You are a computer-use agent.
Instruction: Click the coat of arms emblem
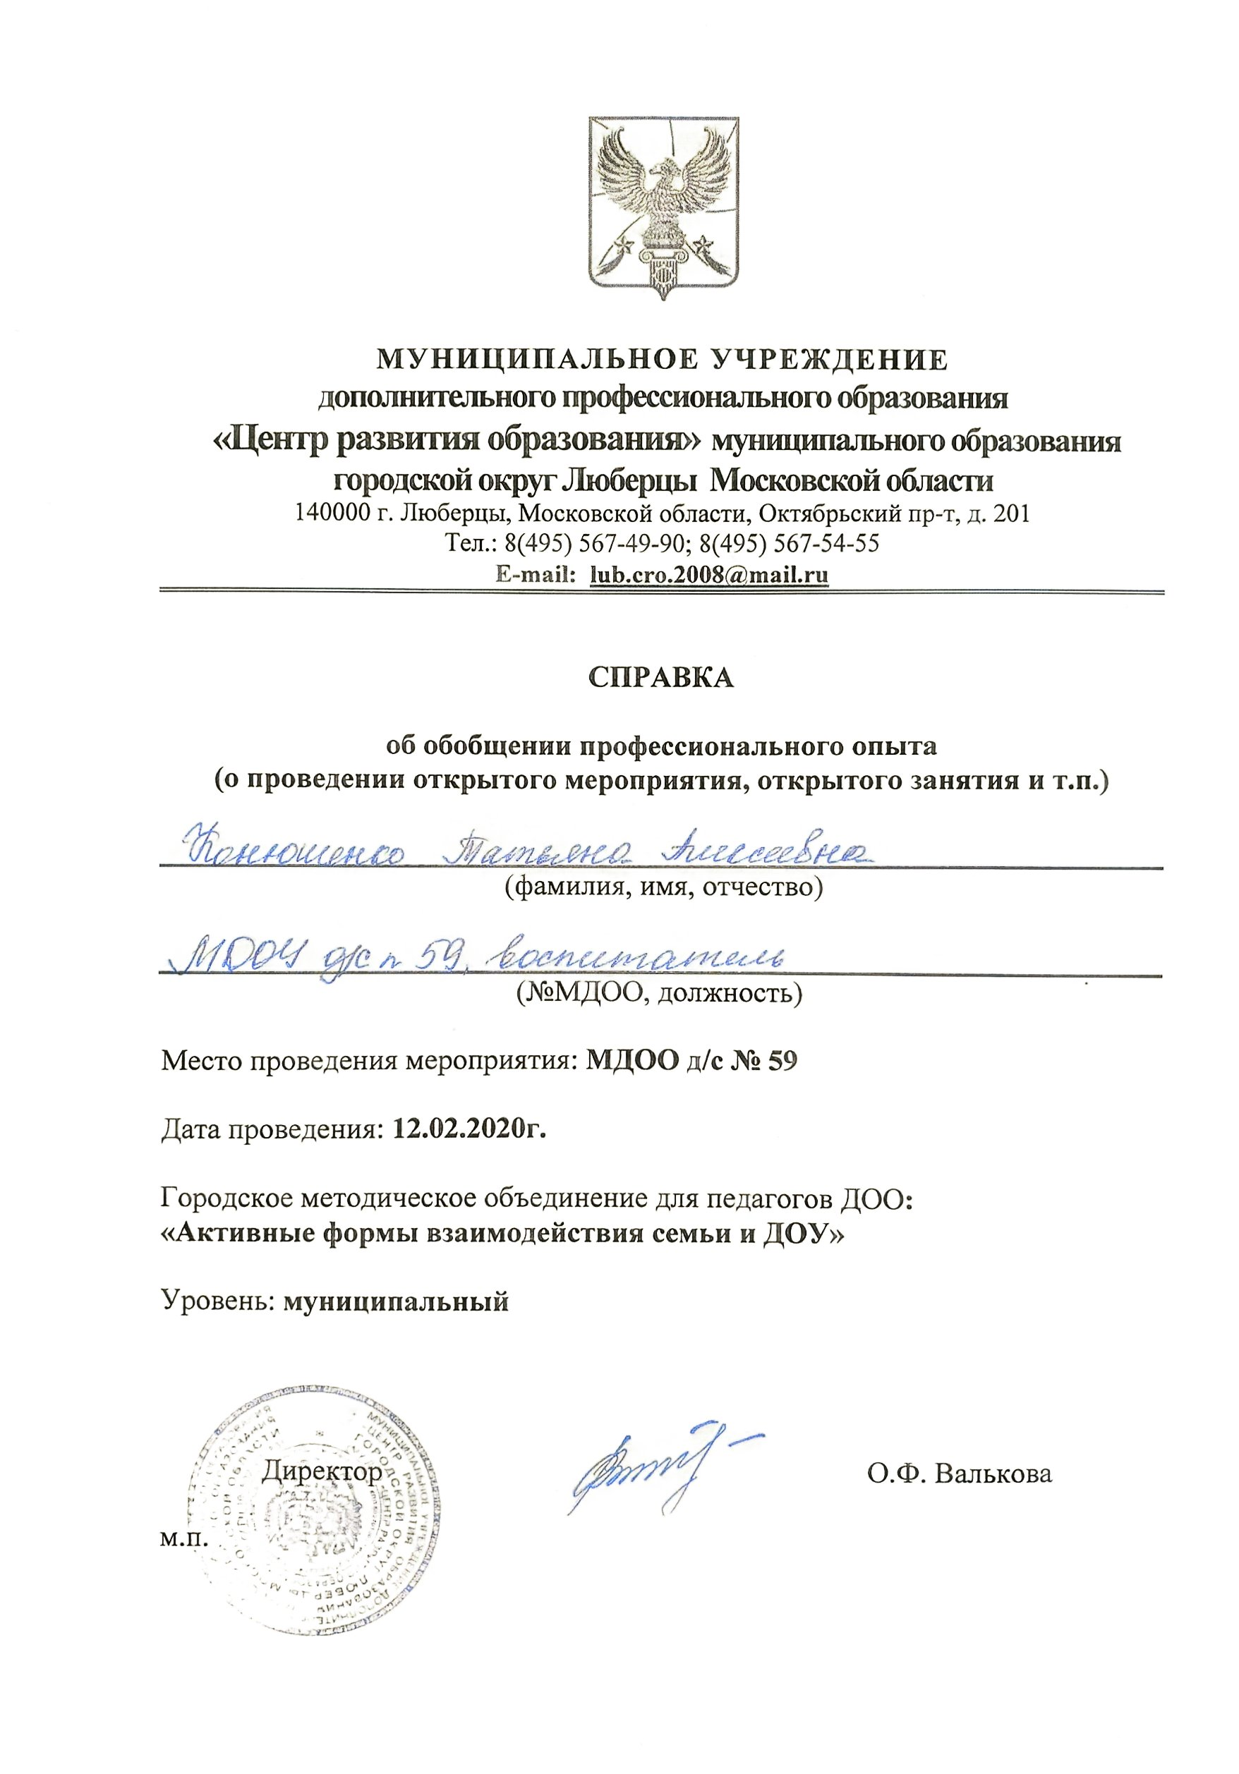tap(663, 207)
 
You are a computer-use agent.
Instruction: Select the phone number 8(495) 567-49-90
tap(594, 543)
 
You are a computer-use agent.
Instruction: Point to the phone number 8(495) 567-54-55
tap(788, 543)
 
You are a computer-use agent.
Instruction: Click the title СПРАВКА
tap(661, 677)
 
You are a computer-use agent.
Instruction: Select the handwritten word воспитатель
tap(641, 958)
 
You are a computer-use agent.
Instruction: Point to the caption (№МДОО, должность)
tap(659, 992)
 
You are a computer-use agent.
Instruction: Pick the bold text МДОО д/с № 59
tap(690, 1061)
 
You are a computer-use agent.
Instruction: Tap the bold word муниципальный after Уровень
tap(396, 1302)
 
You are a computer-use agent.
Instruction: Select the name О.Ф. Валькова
tap(959, 1474)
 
